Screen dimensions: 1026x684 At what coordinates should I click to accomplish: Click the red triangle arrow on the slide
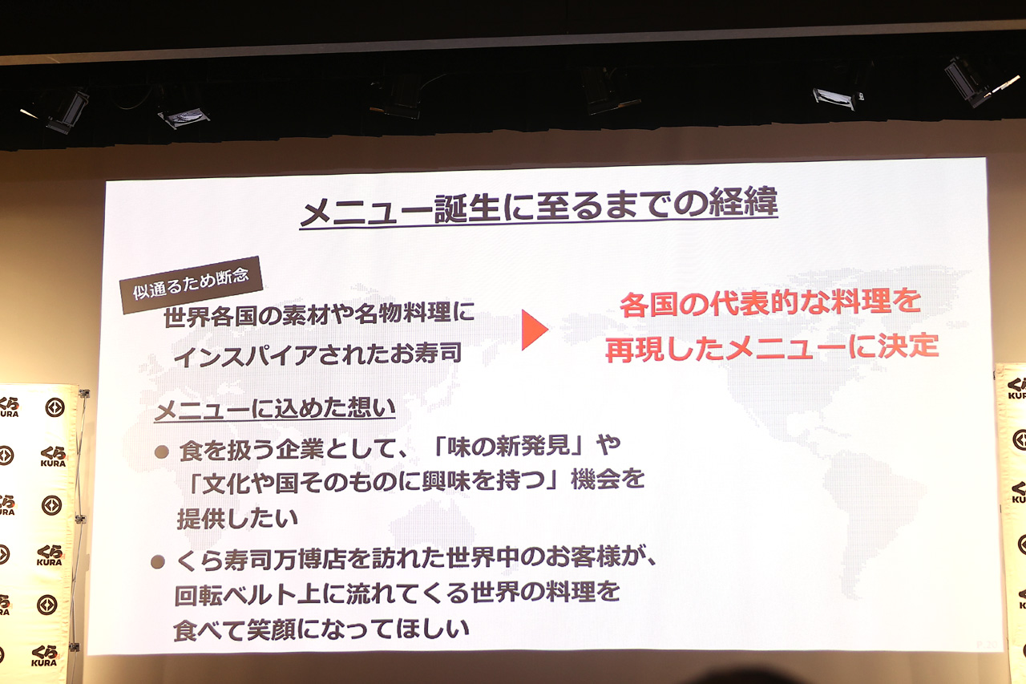[x=534, y=330]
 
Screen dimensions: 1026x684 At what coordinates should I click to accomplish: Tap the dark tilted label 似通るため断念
[x=191, y=285]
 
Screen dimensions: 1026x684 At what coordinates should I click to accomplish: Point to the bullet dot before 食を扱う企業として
[x=162, y=452]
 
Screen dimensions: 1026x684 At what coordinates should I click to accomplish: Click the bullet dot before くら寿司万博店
[x=158, y=562]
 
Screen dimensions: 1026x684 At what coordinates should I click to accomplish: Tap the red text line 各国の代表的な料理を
[x=770, y=303]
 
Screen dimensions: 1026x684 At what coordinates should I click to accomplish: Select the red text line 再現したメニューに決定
[x=772, y=347]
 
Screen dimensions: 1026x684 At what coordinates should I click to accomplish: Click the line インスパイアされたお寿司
[x=317, y=354]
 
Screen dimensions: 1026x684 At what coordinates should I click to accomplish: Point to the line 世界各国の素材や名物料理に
[x=319, y=314]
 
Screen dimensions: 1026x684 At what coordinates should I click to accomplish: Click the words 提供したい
[x=237, y=518]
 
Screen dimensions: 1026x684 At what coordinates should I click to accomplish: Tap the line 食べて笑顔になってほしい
[x=321, y=629]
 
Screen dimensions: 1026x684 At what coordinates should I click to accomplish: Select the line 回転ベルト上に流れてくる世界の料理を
[x=397, y=593]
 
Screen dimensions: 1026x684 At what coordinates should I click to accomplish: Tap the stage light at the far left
[x=59, y=110]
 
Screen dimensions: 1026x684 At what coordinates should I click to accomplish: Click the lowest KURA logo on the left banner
[x=44, y=656]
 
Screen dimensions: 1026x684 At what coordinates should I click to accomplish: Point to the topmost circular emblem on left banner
[x=55, y=407]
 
